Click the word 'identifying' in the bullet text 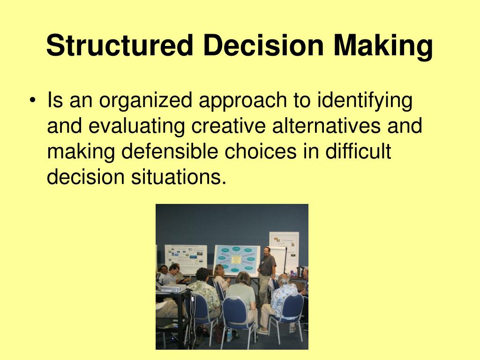365,101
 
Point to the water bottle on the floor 229,335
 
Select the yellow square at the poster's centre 236,260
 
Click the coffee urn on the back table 300,271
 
